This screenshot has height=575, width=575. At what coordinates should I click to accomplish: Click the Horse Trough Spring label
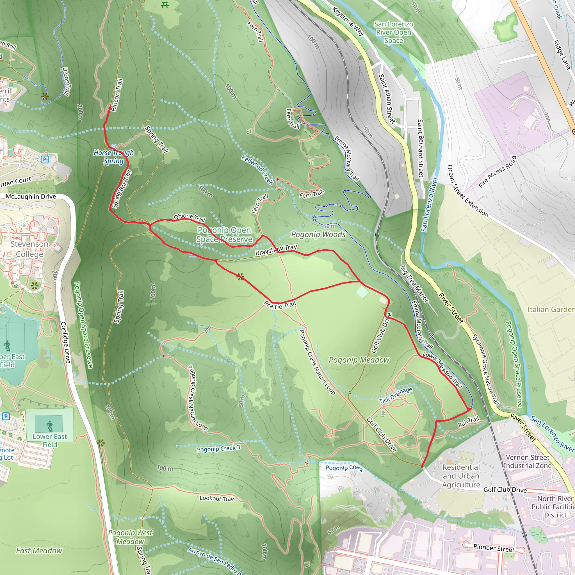(114, 157)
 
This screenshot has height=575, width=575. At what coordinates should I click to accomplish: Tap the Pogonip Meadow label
(359, 360)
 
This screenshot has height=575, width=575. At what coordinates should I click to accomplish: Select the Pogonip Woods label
(318, 234)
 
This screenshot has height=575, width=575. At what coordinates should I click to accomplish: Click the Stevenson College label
(29, 249)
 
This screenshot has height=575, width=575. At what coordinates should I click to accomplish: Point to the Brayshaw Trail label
(276, 250)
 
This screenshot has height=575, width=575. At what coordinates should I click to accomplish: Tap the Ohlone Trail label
(190, 217)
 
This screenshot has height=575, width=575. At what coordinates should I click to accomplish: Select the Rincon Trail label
(117, 95)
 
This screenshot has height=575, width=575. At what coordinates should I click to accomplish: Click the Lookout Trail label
(217, 498)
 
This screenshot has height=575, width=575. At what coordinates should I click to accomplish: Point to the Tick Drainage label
(396, 395)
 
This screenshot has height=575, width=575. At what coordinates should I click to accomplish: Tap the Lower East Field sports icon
(49, 426)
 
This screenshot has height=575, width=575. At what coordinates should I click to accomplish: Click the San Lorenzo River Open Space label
(393, 32)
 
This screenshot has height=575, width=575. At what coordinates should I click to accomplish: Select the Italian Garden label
(551, 309)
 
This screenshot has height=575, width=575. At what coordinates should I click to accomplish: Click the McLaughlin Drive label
(31, 197)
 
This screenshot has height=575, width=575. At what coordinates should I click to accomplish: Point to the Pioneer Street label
(494, 548)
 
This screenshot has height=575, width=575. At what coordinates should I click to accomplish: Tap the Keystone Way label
(348, 21)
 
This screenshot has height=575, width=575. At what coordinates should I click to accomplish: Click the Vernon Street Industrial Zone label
(527, 461)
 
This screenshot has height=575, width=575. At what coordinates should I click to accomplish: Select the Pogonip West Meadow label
(130, 537)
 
